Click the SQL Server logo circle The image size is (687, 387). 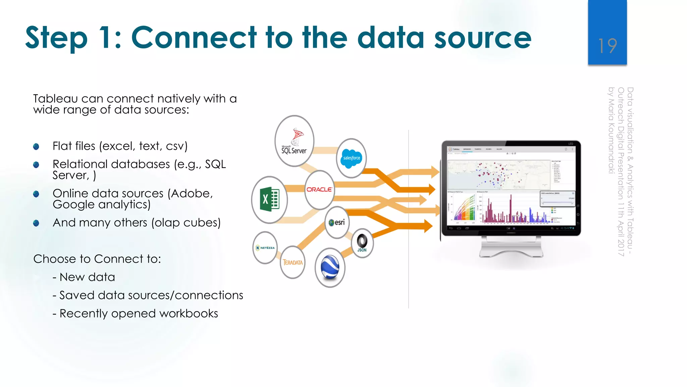coord(294,141)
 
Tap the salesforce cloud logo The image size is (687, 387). coord(351,158)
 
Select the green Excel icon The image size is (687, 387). coord(269,200)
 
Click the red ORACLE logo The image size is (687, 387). coord(319,189)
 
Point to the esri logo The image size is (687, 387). coord(337,222)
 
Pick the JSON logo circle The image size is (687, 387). coord(362,243)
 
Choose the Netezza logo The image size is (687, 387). coord(265,248)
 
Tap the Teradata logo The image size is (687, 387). coord(293,262)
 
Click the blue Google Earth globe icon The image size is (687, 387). coord(330,267)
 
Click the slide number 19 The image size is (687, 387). coord(607,46)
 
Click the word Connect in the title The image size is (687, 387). coord(194,38)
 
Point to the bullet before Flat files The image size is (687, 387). coord(36,146)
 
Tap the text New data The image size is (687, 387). coord(87,277)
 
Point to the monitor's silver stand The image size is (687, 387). coord(511,247)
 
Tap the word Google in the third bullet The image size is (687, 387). coord(73,205)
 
